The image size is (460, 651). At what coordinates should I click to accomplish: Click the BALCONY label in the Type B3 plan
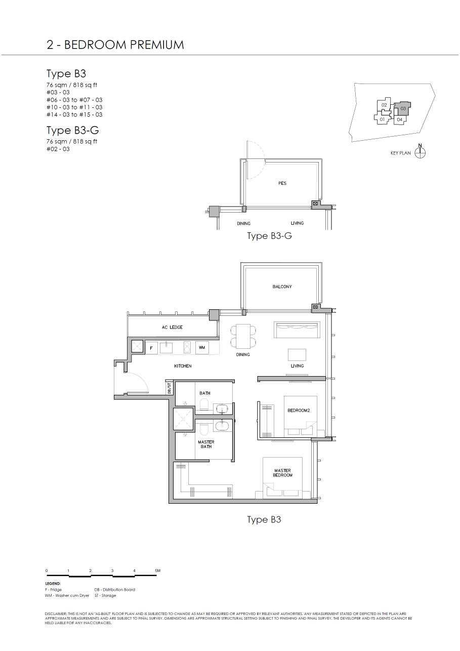click(x=282, y=287)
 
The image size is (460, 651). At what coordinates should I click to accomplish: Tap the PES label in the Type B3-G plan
click(x=282, y=183)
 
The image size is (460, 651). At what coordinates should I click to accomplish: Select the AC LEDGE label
click(x=172, y=328)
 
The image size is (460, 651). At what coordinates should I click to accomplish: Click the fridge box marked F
click(x=151, y=348)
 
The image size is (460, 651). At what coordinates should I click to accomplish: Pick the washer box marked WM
click(x=201, y=348)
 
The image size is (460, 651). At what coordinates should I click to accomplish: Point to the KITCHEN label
click(x=183, y=366)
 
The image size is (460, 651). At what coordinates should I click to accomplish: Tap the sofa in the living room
click(x=297, y=330)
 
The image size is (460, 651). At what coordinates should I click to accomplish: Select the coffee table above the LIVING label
click(x=297, y=354)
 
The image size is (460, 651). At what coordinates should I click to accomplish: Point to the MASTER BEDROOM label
click(x=282, y=473)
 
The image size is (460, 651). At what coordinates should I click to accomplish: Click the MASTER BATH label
click(x=206, y=444)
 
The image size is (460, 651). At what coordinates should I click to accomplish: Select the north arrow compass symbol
click(x=420, y=152)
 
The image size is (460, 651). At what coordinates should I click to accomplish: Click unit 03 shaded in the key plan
click(x=403, y=108)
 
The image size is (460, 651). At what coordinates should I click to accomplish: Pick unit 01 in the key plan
click(x=383, y=119)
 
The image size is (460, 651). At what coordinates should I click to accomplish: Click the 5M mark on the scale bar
click(x=157, y=571)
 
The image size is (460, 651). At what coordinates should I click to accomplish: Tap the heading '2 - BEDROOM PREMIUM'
click(x=115, y=45)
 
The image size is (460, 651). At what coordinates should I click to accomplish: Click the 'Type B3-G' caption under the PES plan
click(x=269, y=236)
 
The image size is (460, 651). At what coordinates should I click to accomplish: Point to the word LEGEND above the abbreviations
click(x=53, y=583)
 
